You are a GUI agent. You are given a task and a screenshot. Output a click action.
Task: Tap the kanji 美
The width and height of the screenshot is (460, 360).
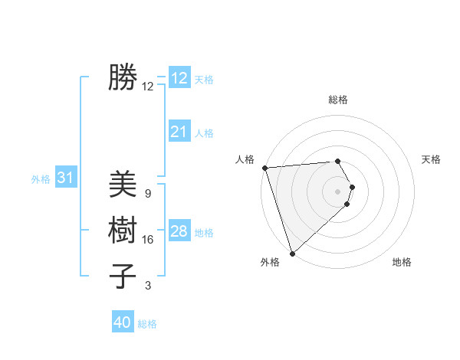(123, 185)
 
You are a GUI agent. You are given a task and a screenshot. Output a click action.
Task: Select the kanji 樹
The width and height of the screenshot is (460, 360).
(123, 230)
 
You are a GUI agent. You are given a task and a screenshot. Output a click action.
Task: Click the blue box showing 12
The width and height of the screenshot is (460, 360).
(179, 78)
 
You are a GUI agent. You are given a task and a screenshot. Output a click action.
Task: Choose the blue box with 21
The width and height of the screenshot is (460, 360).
(179, 132)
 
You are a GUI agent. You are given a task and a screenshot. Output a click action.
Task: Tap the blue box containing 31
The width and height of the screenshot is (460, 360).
(66, 178)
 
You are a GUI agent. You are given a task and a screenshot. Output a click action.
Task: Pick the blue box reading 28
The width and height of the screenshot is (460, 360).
(179, 231)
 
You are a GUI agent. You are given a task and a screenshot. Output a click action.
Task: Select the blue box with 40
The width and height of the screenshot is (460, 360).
(123, 322)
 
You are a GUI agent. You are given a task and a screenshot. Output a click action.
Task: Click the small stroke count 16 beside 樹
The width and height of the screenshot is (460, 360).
(148, 240)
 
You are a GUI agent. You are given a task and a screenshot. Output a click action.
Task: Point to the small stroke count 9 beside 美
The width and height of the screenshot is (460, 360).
(148, 194)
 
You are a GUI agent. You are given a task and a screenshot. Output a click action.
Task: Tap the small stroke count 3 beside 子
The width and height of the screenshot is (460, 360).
(148, 286)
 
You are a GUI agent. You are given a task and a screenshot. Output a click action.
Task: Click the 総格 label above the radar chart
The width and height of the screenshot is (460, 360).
(338, 100)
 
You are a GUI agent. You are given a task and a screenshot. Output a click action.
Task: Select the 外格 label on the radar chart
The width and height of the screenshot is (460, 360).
(270, 262)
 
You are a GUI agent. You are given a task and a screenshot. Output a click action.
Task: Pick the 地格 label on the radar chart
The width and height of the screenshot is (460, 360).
(402, 262)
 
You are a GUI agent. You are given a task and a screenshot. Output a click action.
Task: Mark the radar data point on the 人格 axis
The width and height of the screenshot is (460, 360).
(264, 168)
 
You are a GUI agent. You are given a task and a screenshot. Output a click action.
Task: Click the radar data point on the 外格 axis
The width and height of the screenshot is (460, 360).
(292, 253)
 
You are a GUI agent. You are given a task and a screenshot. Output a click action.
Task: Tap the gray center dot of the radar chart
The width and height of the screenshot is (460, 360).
(338, 191)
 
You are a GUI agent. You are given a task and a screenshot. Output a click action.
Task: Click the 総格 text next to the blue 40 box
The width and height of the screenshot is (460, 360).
(148, 324)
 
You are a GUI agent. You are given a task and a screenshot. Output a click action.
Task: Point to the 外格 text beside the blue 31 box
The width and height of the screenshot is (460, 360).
(41, 179)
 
